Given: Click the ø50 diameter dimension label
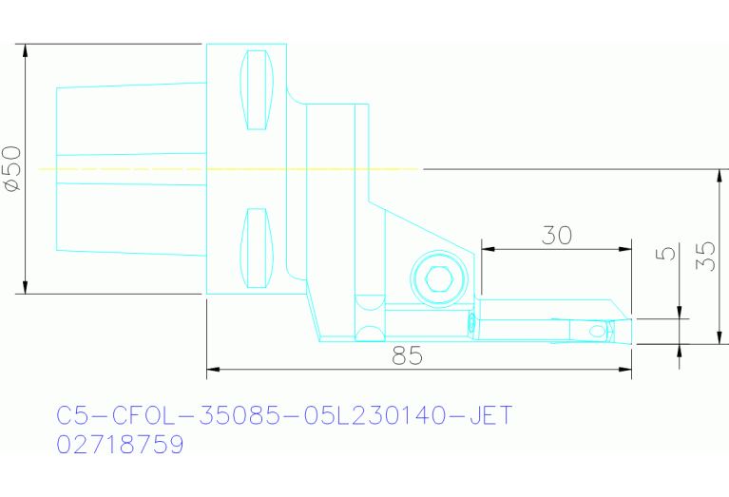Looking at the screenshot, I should point(11,169).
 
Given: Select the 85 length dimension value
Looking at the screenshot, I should point(407,356).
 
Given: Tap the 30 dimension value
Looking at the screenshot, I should point(556,235).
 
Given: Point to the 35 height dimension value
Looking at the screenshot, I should point(704,255).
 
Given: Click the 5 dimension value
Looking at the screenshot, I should point(666,254).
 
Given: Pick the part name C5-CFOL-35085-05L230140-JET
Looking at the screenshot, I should point(284,416).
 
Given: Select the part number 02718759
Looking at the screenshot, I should point(120,445).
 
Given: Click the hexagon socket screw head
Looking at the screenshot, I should point(438,279).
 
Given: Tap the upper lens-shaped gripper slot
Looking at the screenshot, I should point(256,89).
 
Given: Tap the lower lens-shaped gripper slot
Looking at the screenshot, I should point(256,248).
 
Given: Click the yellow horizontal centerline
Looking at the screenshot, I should point(228,169).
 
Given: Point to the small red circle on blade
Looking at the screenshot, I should point(471,324).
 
